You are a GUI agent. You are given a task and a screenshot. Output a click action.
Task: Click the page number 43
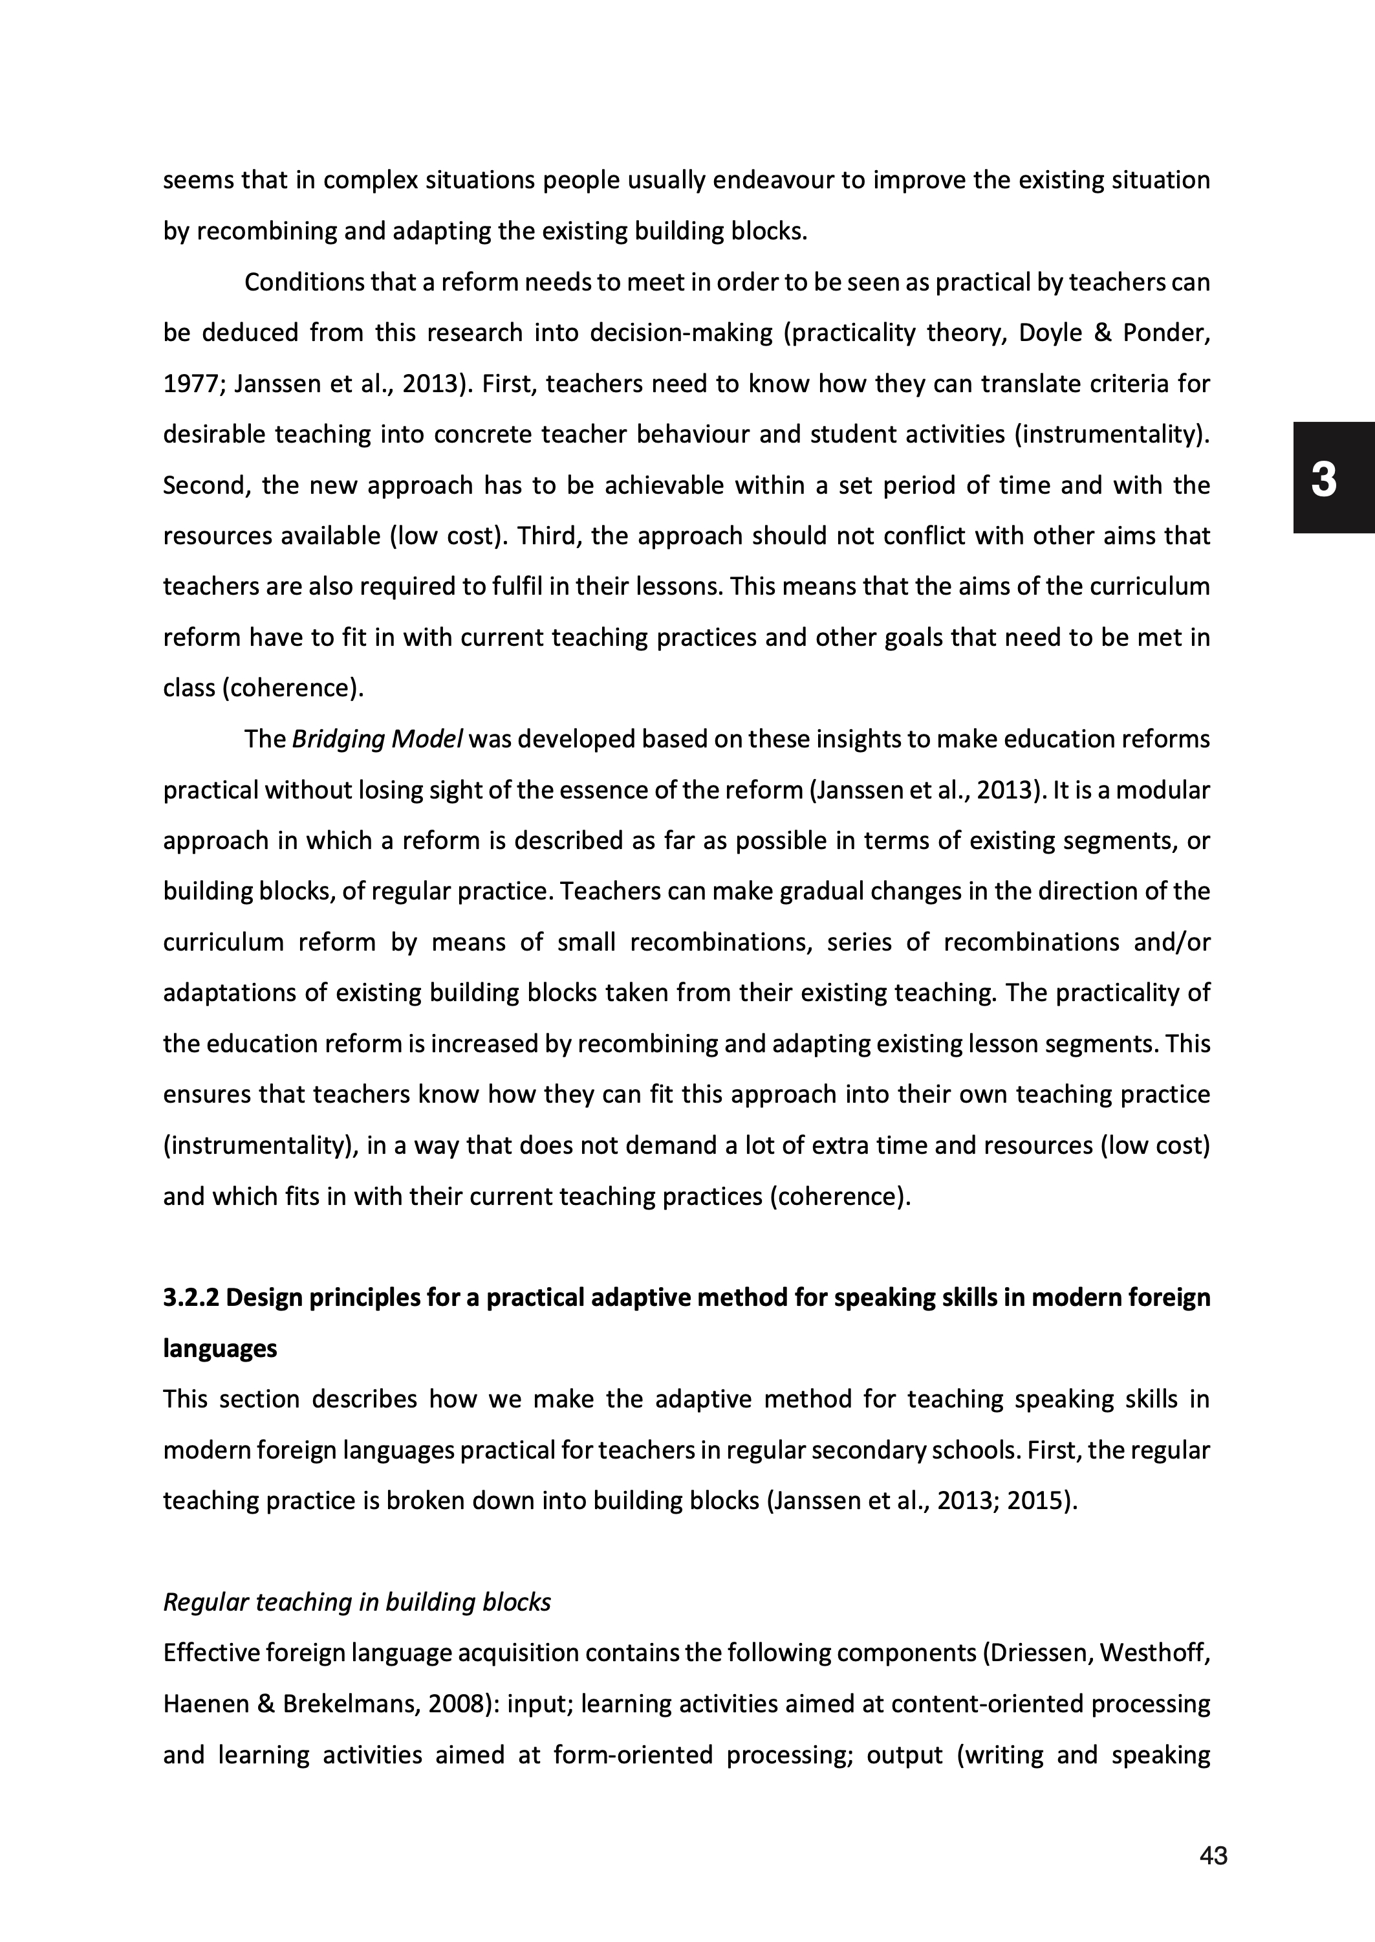tap(1213, 1856)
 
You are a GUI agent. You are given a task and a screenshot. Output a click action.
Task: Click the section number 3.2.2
tap(191, 1297)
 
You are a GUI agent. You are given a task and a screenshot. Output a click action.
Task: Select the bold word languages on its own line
tap(220, 1349)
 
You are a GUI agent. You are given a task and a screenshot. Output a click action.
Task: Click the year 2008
tap(457, 1703)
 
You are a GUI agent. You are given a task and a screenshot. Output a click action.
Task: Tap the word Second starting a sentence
tap(202, 485)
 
